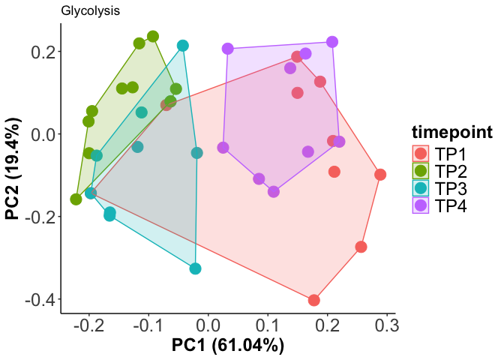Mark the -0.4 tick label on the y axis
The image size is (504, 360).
point(37,299)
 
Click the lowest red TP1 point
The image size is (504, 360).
point(314,300)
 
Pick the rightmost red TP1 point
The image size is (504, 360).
point(380,175)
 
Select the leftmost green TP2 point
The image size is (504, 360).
point(76,199)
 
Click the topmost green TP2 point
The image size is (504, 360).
point(153,37)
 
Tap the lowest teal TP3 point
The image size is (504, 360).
point(196,268)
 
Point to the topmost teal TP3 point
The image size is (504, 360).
point(183,46)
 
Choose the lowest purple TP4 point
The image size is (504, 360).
point(274,191)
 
